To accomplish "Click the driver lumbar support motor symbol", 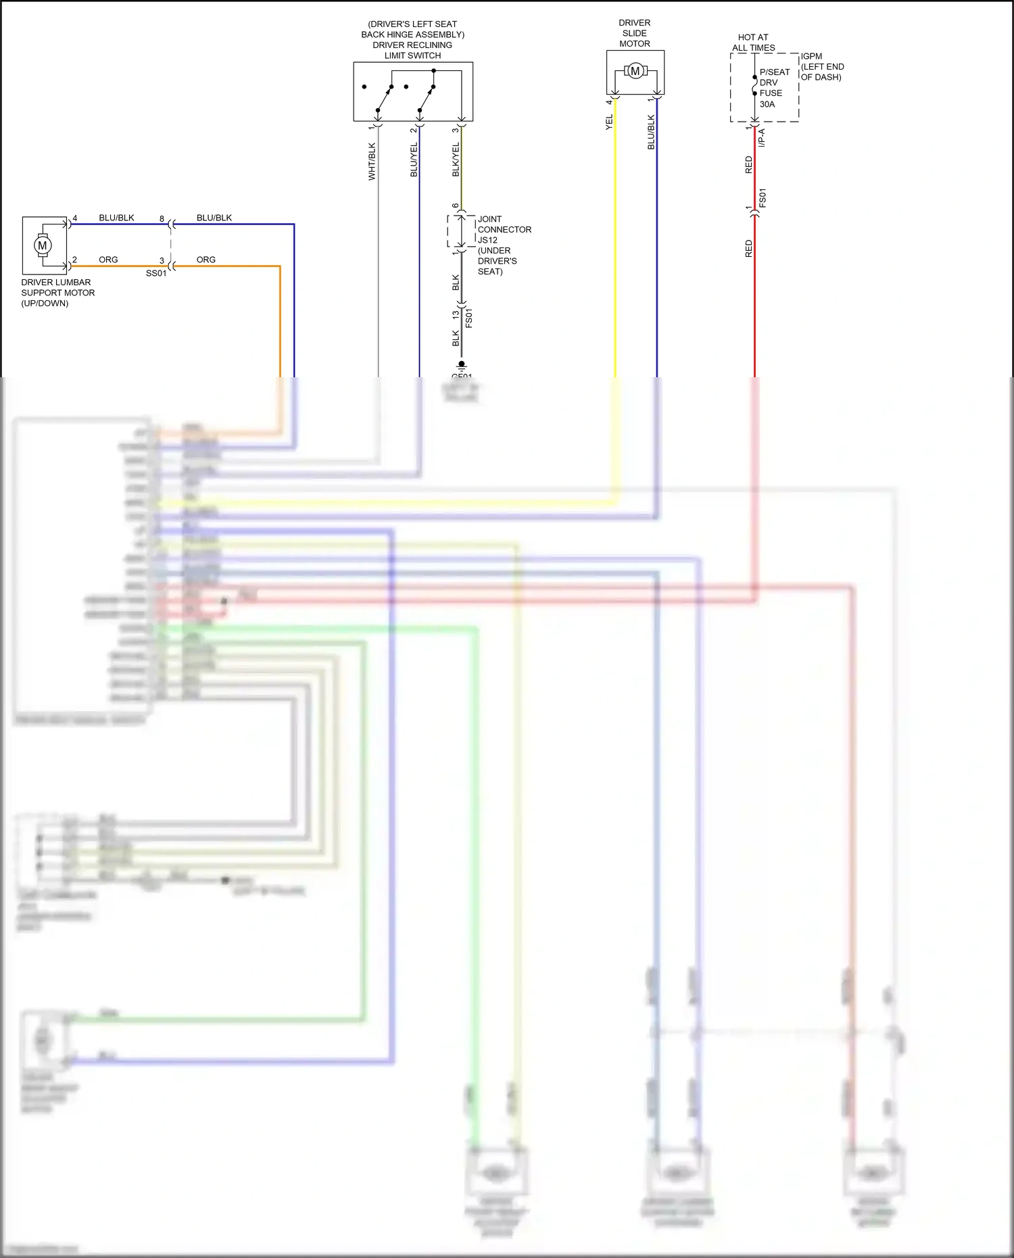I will click(43, 245).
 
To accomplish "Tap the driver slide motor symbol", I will click(635, 70).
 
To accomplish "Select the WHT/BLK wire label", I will click(372, 162).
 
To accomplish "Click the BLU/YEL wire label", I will click(414, 160).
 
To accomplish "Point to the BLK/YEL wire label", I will click(456, 160).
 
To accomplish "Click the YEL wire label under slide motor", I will click(609, 122).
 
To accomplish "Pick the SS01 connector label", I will click(156, 273).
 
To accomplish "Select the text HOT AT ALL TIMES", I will click(753, 43).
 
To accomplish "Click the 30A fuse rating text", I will click(767, 104).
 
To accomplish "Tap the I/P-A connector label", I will click(762, 137).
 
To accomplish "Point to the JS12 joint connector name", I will click(487, 240).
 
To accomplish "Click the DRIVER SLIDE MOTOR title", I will click(635, 33).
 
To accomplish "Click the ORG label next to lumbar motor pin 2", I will click(108, 260).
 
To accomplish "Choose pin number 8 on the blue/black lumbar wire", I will click(162, 218).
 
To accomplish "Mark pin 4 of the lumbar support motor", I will click(75, 218).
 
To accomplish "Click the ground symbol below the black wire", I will click(462, 366).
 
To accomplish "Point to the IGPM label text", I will click(811, 56).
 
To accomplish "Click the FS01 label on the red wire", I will click(763, 198).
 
